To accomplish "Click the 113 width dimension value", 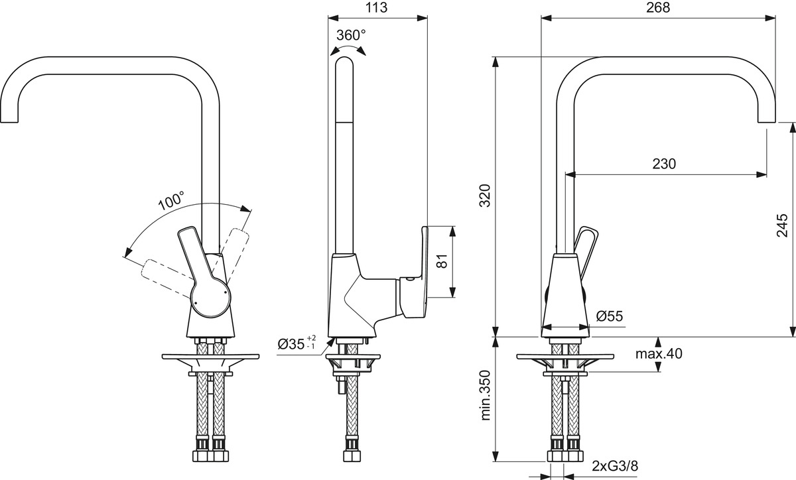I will [x=376, y=7].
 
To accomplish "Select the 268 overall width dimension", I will [x=657, y=7].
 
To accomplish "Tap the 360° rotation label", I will [x=351, y=35].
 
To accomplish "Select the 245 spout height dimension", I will [x=782, y=225].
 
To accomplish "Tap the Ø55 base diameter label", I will [x=610, y=317].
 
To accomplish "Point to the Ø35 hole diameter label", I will [x=297, y=343].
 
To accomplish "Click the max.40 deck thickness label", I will [x=659, y=354].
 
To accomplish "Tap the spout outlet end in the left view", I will [x=9, y=119].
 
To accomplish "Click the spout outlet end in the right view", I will [x=765, y=119].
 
